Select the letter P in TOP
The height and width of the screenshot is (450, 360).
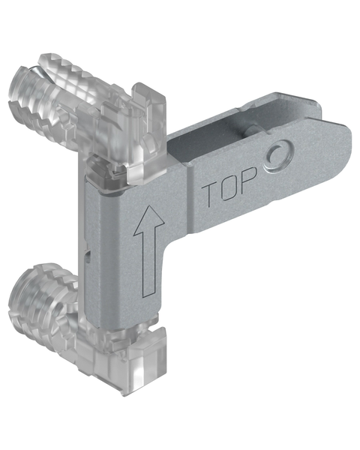click(248, 179)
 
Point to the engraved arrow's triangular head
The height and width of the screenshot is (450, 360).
click(149, 219)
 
